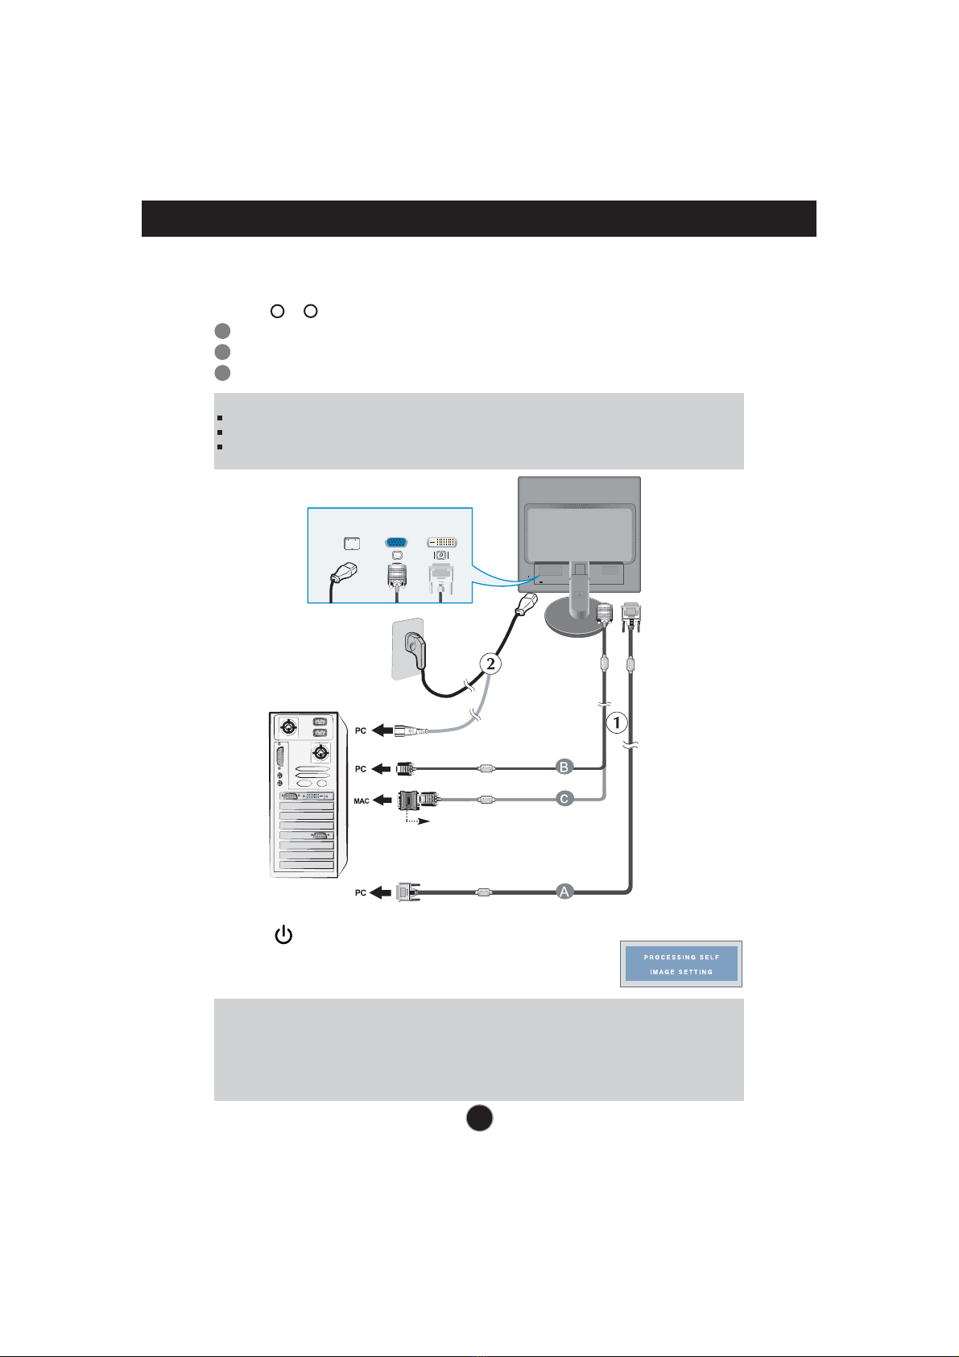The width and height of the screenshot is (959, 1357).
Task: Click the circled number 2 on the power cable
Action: [490, 664]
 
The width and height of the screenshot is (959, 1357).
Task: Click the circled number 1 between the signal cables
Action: [617, 723]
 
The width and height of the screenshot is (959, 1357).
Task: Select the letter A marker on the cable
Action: [565, 891]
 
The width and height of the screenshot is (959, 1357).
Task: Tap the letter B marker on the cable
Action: [565, 767]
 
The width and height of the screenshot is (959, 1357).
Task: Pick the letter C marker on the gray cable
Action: [565, 799]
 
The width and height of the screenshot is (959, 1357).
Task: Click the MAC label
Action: [362, 801]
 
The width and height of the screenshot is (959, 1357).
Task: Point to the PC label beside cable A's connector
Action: [361, 893]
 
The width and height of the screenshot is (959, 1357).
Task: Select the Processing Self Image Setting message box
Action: [681, 964]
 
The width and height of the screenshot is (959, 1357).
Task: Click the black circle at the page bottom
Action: [479, 1118]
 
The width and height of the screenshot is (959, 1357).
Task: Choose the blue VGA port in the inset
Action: [396, 543]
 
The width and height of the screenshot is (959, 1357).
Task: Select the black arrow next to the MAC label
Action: [385, 801]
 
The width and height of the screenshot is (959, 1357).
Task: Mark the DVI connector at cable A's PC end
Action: [409, 892]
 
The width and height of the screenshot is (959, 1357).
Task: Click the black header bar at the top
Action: [479, 218]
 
